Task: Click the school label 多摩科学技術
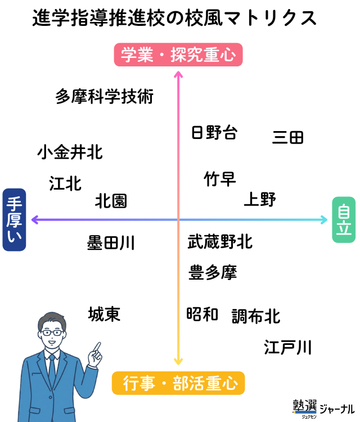tap(105, 97)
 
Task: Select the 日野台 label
tap(214, 133)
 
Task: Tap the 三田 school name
tap(288, 137)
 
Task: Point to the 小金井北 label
tap(70, 152)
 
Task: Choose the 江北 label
tap(65, 183)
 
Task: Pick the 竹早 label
tap(220, 179)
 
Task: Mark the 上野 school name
tap(259, 199)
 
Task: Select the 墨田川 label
tap(111, 243)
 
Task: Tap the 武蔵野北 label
tap(220, 242)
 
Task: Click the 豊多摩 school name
tap(213, 273)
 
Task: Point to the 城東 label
tap(104, 314)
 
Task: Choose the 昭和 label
tap(202, 314)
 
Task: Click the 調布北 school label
tap(256, 316)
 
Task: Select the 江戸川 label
tap(287, 347)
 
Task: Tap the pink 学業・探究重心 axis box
tap(178, 55)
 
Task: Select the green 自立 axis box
tap(343, 219)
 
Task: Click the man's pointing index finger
tap(97, 347)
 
